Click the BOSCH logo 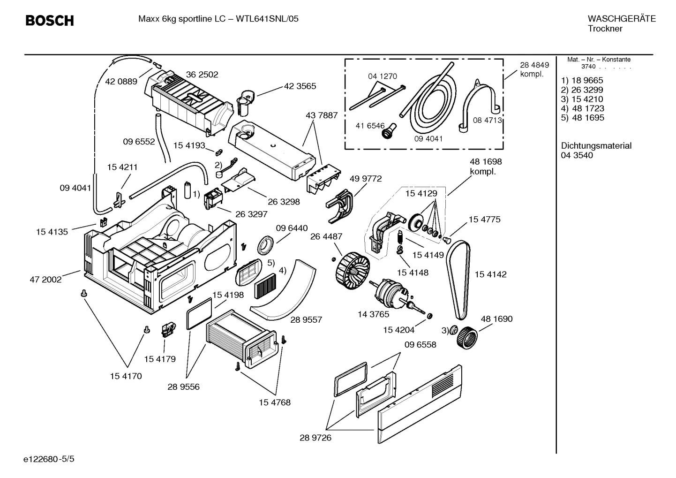49,21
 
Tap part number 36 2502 202,75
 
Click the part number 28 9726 315,438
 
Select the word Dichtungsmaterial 596,146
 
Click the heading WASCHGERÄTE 621,19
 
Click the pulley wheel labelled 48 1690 467,337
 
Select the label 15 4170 126,376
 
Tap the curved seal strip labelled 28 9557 286,288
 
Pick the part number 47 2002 45,280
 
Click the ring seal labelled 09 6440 266,245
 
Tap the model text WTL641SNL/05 267,19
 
